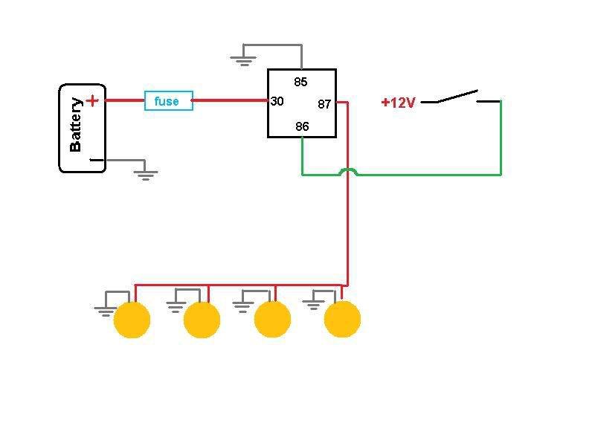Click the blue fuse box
pos(169,101)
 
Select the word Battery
pos(76,125)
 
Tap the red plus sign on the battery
pos(92,101)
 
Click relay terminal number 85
pos(300,82)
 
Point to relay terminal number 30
pos(277,101)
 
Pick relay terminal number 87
pos(324,104)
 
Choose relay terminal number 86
pos(302,126)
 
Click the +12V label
pos(398,103)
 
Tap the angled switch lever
pos(457,96)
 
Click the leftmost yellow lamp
pos(132,320)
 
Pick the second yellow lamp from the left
pos(202,320)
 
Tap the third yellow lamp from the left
pos(272,319)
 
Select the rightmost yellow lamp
pos(342,319)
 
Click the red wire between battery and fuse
pos(125,100)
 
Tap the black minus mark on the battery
pos(96,160)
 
